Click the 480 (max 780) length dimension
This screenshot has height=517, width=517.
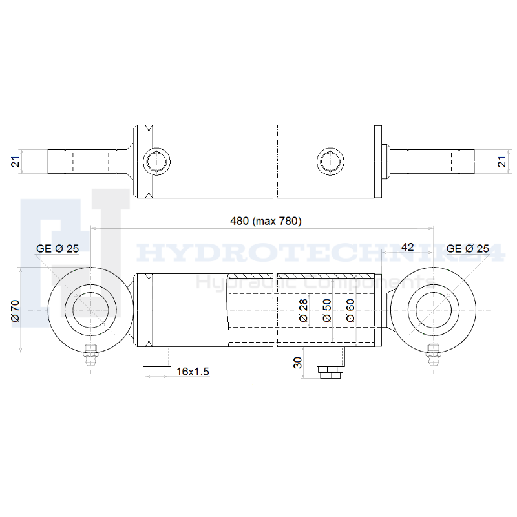[266, 221]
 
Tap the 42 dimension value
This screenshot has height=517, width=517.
[408, 247]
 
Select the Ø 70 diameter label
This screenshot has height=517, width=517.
[16, 311]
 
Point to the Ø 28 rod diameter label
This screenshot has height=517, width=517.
[303, 310]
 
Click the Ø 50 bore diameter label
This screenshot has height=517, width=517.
[327, 310]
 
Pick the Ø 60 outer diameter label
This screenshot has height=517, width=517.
[350, 310]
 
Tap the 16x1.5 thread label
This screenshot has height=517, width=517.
[193, 372]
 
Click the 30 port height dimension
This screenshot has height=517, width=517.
[297, 363]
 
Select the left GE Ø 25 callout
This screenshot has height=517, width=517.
[58, 248]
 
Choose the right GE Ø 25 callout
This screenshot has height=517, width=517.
[467, 248]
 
